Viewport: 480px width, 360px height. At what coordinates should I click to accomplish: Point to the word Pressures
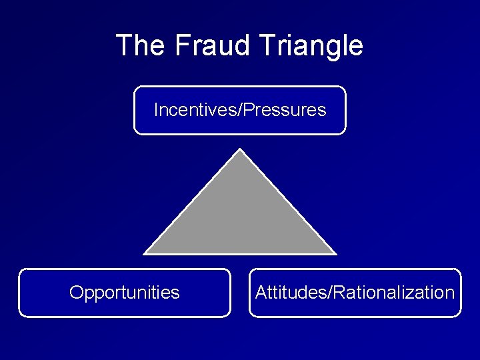point(285,109)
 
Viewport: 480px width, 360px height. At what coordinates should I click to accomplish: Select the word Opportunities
point(125,293)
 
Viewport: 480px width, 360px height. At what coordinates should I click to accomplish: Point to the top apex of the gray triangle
point(239,151)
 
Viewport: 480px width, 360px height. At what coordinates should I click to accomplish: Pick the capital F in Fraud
point(182,46)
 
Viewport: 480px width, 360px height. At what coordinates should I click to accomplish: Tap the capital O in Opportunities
point(75,293)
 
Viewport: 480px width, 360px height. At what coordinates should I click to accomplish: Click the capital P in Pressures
point(248,109)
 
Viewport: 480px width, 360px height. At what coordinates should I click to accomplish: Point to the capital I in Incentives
point(156,109)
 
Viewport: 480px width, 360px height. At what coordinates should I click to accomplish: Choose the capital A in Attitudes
point(261,293)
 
